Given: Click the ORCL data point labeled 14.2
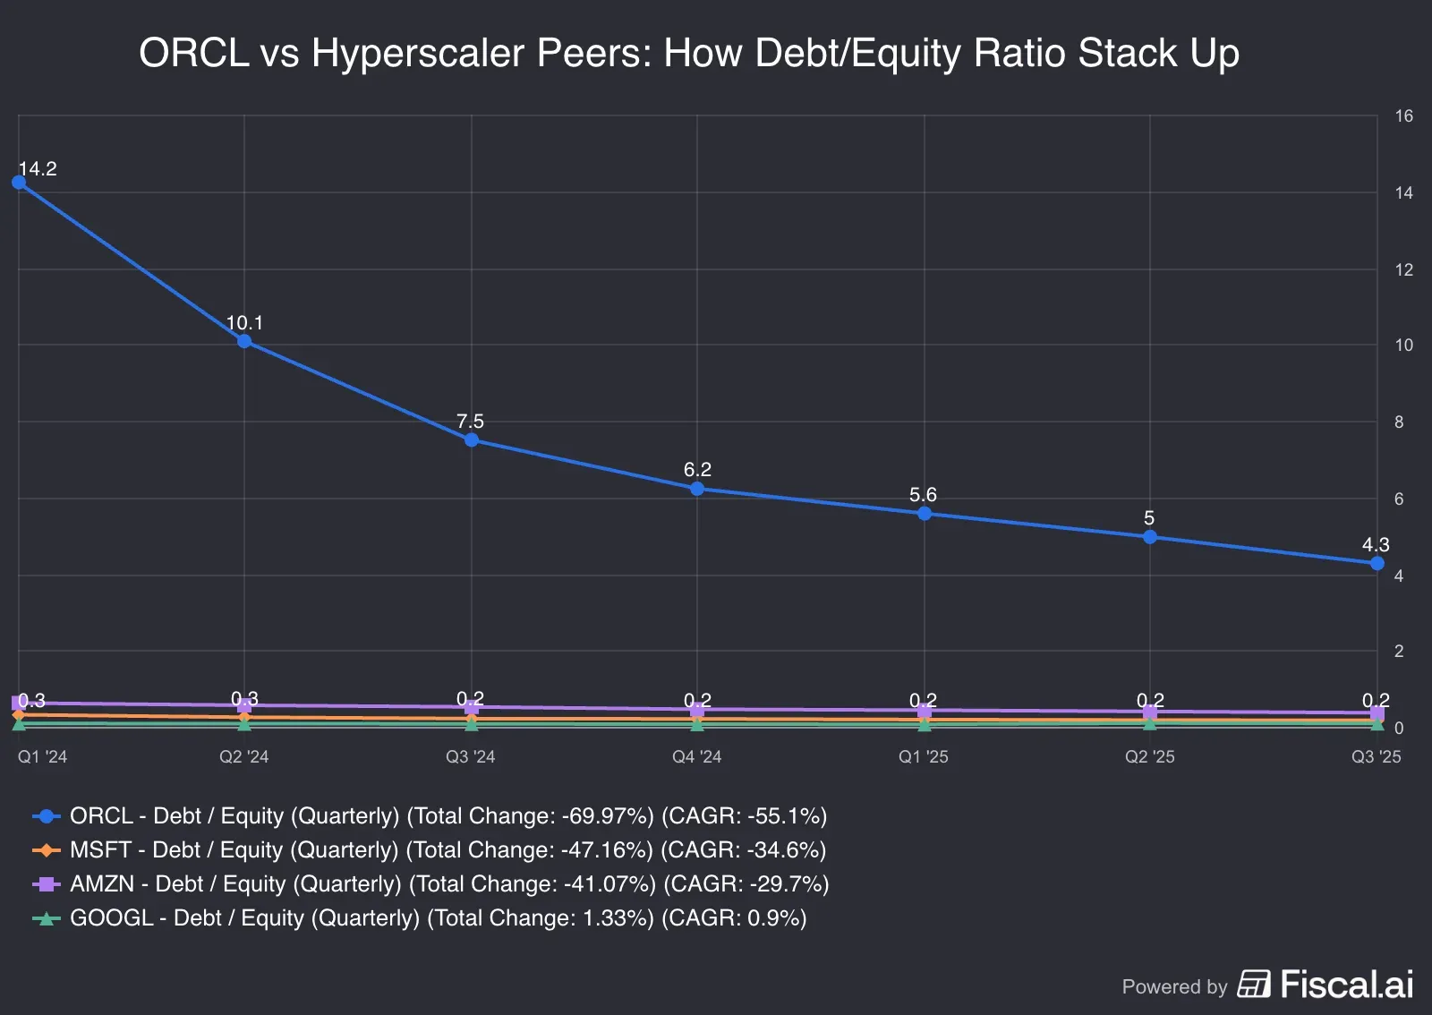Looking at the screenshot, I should point(19,183).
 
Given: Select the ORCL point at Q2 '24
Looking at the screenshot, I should point(244,341).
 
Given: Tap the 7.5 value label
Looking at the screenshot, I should point(470,421).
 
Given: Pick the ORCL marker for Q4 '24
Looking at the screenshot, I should point(697,489).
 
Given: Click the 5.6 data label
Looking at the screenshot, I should point(923,495).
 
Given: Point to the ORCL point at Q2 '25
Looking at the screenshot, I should point(1150,537).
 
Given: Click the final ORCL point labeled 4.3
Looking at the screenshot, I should point(1377,563).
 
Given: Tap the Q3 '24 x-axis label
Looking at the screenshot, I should point(470,757).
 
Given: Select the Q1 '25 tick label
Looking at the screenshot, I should point(923,757).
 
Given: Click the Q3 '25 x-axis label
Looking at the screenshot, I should point(1376,757).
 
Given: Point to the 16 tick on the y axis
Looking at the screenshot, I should point(1403,116).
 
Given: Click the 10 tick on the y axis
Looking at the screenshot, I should point(1403,345).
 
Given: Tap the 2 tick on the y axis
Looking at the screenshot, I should point(1399,652).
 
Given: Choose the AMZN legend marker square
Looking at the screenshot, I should point(46,884).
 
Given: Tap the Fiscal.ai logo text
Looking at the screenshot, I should point(1346,985).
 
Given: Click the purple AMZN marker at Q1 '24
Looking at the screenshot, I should point(19,703).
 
